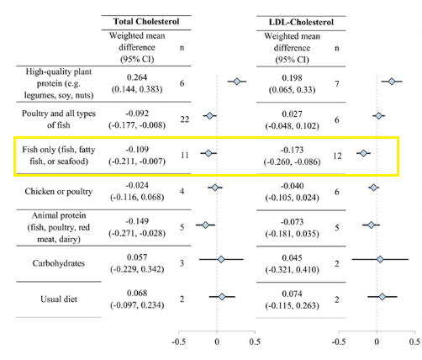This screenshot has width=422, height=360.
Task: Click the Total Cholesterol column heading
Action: (x=146, y=22)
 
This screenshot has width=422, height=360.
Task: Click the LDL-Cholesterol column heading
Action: (x=301, y=22)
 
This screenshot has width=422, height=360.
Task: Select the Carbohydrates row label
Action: (x=59, y=263)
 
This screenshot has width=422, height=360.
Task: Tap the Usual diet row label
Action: (x=59, y=299)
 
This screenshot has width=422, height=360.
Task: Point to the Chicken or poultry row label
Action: (x=59, y=191)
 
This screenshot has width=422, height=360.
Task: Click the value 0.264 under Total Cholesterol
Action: (x=137, y=77)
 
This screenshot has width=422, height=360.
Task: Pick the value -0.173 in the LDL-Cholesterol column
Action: (x=292, y=150)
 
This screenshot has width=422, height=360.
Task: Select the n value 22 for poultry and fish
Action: (x=185, y=119)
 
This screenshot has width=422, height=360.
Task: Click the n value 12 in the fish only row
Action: (x=337, y=156)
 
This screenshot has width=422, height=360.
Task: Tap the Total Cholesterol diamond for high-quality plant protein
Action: (x=237, y=82)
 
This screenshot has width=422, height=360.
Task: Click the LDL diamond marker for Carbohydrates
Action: (x=380, y=259)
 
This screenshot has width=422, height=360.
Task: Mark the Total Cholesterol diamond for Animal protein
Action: (x=205, y=225)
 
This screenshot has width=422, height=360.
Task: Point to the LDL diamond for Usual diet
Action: (x=382, y=297)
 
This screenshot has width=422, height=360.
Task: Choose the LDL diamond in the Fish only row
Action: (x=363, y=153)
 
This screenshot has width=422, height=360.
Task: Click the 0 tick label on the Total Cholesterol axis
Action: (x=217, y=342)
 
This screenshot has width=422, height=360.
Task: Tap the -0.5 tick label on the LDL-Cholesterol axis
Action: (x=339, y=342)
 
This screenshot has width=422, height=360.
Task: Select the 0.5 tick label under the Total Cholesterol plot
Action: (x=255, y=342)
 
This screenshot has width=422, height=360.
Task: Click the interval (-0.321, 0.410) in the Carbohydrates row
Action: (x=292, y=270)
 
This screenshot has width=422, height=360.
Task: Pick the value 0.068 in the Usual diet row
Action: (x=137, y=294)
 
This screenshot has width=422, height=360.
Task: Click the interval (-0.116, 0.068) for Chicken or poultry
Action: (x=137, y=197)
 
